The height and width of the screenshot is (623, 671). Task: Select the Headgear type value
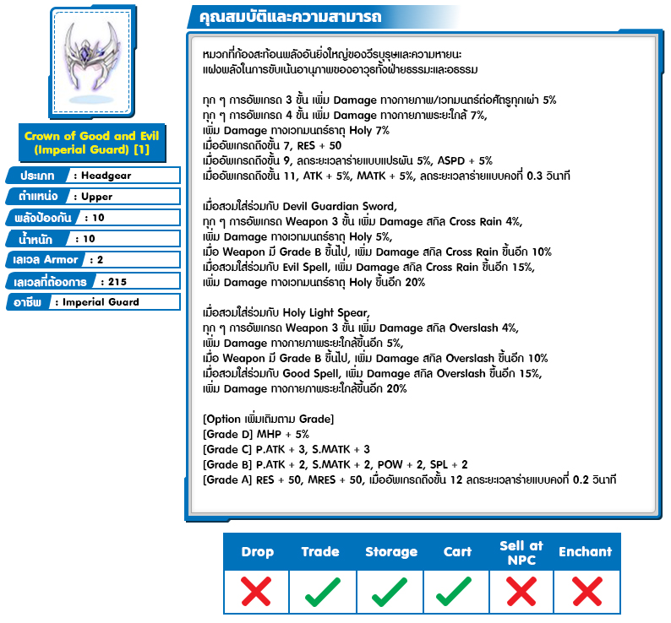tap(106, 176)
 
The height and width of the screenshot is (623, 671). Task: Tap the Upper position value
tap(96, 197)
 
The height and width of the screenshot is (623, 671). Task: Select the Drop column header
tap(257, 552)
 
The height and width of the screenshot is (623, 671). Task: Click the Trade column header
tap(320, 552)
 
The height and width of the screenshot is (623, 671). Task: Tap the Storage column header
tap(390, 552)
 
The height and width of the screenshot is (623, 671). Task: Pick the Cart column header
tap(457, 552)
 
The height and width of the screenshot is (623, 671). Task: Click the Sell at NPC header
tap(521, 552)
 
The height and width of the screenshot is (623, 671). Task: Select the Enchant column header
tap(585, 552)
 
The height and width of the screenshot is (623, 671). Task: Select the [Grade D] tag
tap(227, 434)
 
